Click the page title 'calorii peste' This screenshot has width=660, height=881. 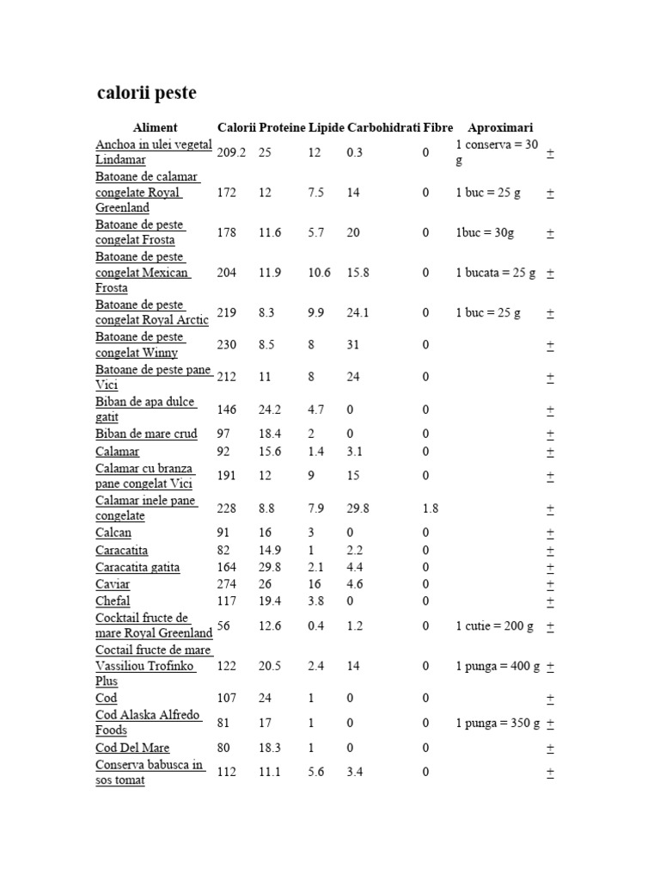(x=145, y=93)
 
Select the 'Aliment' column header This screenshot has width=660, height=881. (x=155, y=127)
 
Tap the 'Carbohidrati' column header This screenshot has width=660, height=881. (x=383, y=127)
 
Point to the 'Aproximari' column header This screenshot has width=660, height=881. (x=500, y=127)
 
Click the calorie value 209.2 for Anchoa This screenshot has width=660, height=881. (x=232, y=152)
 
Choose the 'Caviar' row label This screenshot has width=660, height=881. (x=113, y=584)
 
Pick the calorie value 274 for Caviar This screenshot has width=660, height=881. (x=227, y=584)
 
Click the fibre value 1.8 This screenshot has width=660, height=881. (x=430, y=508)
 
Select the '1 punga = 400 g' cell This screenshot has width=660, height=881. (x=498, y=666)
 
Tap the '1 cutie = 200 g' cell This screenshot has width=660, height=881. (x=494, y=626)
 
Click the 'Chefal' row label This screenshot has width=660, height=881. (x=113, y=601)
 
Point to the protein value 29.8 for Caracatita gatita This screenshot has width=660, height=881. (x=270, y=567)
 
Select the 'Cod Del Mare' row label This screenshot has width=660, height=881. (x=132, y=748)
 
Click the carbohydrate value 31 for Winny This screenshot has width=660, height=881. (x=354, y=345)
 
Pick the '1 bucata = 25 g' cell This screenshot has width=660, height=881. (x=495, y=273)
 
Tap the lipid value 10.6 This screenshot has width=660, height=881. (x=319, y=273)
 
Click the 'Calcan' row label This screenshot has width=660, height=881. (x=113, y=533)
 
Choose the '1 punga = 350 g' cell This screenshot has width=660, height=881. (x=498, y=723)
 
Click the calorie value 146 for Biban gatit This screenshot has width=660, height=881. (x=227, y=410)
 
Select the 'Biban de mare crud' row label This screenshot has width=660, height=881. (x=146, y=434)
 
